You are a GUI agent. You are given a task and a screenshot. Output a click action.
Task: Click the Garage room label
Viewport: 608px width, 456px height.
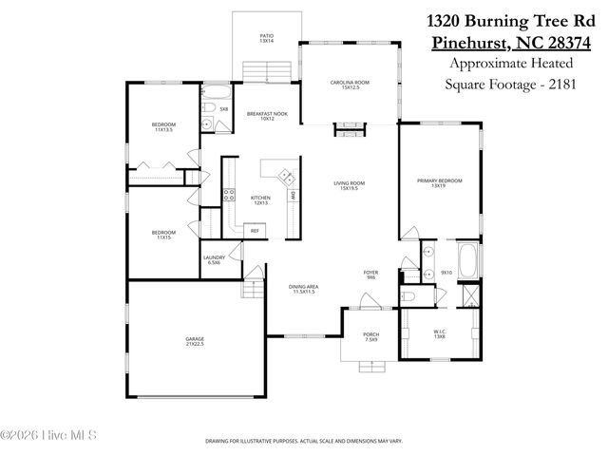tap(194, 342)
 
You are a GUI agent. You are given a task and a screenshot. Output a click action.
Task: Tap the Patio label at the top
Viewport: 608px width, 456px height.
tap(267, 39)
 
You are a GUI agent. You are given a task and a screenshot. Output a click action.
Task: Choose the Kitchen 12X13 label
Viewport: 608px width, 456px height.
tap(260, 199)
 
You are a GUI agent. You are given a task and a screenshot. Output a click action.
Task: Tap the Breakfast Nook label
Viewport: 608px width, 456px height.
tap(260, 116)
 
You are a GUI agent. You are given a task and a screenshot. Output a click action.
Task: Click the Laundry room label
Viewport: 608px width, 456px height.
tap(213, 260)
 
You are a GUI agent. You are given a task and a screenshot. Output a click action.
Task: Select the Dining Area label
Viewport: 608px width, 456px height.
tap(304, 288)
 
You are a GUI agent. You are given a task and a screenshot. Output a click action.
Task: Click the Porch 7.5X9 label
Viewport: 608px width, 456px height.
tap(371, 337)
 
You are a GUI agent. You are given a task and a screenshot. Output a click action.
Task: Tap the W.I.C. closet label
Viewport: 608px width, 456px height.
tap(439, 334)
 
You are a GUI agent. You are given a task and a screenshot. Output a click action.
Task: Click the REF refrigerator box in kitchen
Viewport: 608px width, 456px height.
tap(254, 231)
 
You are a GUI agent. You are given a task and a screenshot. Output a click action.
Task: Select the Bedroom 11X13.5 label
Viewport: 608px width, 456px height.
tap(163, 127)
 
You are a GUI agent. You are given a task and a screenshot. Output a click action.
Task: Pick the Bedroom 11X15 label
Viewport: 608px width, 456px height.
tap(162, 235)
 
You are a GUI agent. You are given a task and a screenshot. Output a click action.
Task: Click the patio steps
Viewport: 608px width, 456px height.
tap(267, 71)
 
